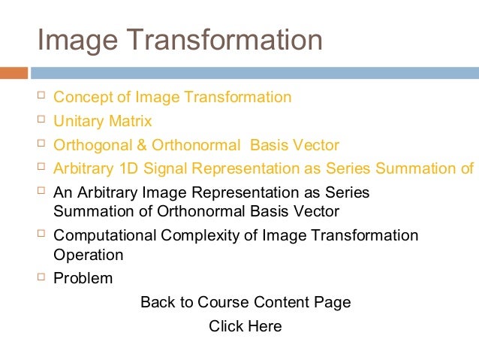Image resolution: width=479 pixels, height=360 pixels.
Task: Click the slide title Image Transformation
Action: point(179,41)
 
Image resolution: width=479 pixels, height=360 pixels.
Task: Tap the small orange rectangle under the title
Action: point(14,73)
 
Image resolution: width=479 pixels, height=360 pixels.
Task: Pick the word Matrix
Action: point(130,121)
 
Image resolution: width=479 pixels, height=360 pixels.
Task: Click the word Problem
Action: point(83,278)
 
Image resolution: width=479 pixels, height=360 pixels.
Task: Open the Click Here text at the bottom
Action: point(246,326)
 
